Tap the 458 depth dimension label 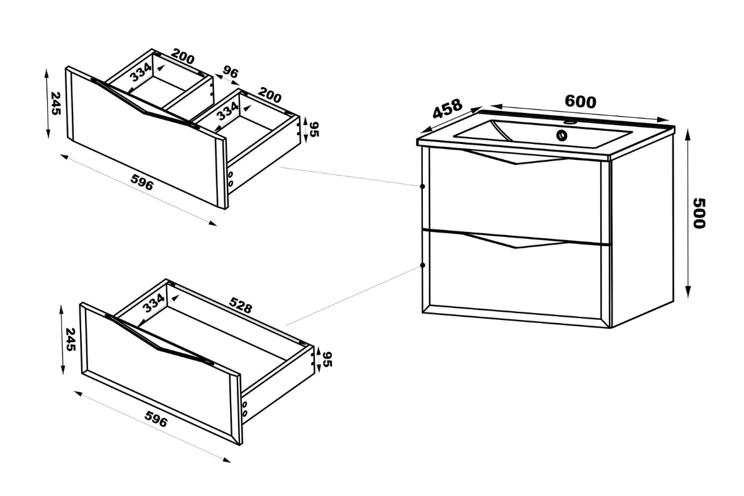[x=448, y=108]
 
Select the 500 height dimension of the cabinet [x=699, y=213]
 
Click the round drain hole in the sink [x=562, y=135]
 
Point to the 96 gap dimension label [x=231, y=72]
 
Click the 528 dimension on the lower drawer [x=241, y=305]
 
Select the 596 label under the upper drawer [x=142, y=182]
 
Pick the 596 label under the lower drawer [x=156, y=419]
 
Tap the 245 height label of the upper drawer [x=55, y=104]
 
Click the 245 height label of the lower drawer [x=71, y=340]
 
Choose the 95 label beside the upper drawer [x=314, y=130]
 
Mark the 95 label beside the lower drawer [x=327, y=359]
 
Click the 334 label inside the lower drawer [x=153, y=303]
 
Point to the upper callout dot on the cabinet [x=422, y=187]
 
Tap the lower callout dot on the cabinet [x=422, y=265]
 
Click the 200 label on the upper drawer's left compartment [x=183, y=56]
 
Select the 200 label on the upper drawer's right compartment [x=270, y=95]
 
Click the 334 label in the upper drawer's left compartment [x=141, y=72]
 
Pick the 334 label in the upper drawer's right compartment [x=228, y=111]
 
